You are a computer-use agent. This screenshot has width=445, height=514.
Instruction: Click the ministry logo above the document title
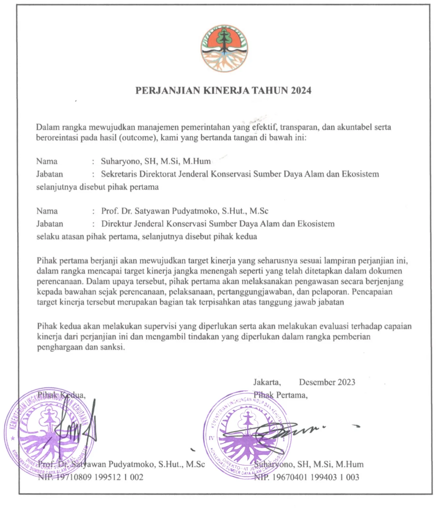click(x=224, y=48)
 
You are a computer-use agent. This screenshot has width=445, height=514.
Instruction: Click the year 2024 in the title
click(x=301, y=90)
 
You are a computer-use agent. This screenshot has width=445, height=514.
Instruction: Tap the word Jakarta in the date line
click(x=267, y=382)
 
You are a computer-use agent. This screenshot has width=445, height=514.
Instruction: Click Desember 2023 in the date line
click(x=327, y=382)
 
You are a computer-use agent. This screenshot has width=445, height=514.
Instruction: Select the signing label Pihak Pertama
click(x=280, y=395)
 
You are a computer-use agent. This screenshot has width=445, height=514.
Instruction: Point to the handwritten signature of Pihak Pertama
click(x=289, y=432)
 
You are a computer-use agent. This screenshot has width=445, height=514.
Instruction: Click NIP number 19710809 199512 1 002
click(x=99, y=477)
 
